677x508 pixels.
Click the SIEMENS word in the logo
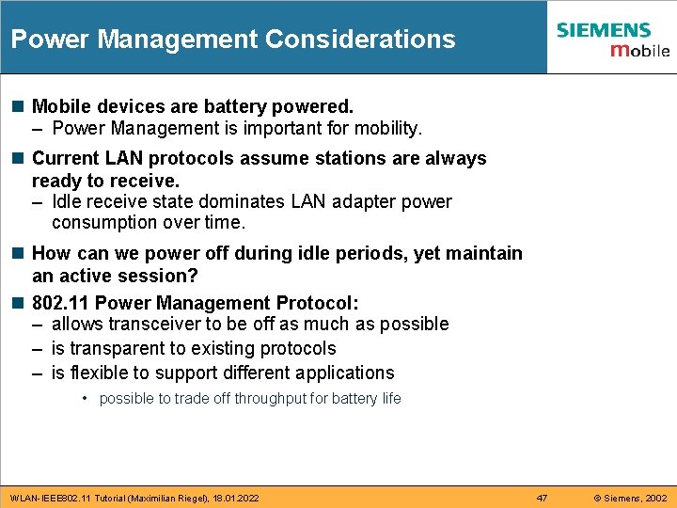[x=603, y=30]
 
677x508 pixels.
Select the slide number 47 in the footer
[x=542, y=498]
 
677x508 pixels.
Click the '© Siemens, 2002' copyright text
[x=630, y=498]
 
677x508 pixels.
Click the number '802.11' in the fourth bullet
[x=61, y=303]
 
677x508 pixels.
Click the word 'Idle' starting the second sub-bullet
[x=67, y=201]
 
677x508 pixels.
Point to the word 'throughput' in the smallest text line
[x=270, y=399]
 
